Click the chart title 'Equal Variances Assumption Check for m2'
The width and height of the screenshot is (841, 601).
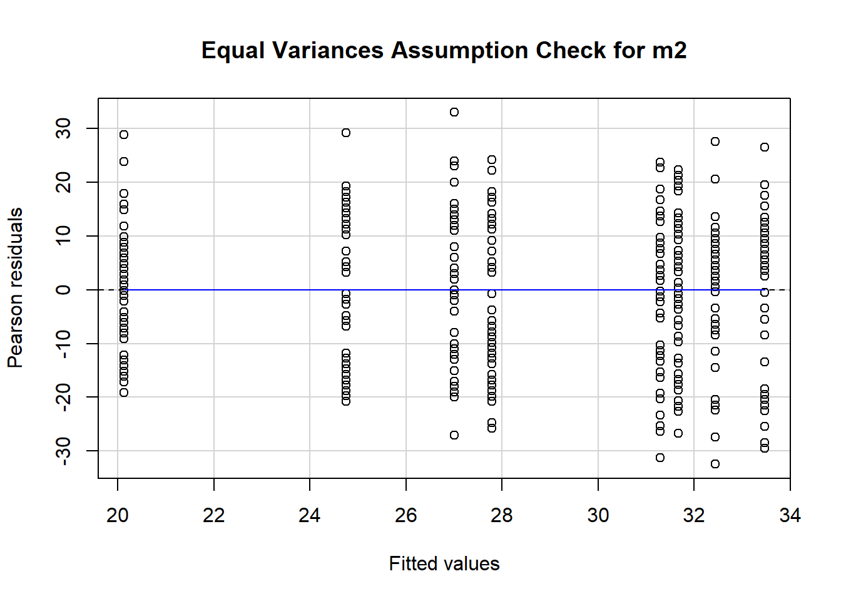pos(444,50)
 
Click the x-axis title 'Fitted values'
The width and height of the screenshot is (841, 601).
pos(444,563)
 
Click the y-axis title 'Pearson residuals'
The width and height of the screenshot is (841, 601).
pos(15,288)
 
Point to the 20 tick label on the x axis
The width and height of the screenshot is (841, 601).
pos(118,515)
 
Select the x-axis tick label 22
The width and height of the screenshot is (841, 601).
pos(214,515)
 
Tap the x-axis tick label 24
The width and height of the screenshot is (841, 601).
pos(310,515)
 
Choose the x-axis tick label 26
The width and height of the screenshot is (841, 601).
pos(406,515)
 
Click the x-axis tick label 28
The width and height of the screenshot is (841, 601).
pos(502,515)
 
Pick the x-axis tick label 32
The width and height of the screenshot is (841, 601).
pos(694,515)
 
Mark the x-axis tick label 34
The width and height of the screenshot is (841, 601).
pos(790,515)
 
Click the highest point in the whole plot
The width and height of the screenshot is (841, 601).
pos(454,112)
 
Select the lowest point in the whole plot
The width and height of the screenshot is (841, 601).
pos(715,464)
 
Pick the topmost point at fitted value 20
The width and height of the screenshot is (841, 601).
pos(124,135)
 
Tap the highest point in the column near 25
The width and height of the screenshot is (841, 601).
pos(346,133)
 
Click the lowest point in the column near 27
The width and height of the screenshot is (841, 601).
pos(454,435)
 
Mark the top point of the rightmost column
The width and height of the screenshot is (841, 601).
pos(765,147)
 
